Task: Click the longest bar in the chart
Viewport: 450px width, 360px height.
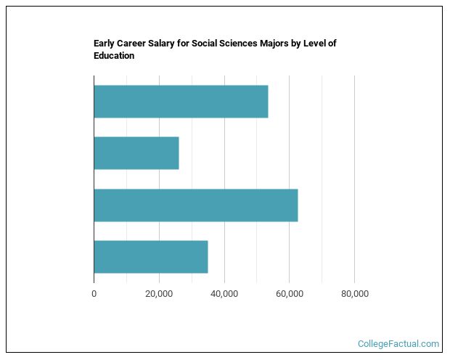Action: (x=195, y=205)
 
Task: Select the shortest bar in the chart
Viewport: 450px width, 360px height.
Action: (x=136, y=153)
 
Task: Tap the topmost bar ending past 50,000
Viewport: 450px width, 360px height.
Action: (x=181, y=102)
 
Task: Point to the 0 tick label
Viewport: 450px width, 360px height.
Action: (x=94, y=293)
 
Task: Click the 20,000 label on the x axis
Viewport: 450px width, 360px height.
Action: (x=159, y=293)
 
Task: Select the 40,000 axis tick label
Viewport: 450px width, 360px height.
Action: (x=224, y=293)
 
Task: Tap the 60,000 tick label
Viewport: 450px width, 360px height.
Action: (x=289, y=293)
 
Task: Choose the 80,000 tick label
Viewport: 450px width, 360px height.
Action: (x=354, y=293)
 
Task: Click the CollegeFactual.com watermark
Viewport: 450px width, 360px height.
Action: (x=398, y=344)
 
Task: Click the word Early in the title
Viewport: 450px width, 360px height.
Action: (x=105, y=44)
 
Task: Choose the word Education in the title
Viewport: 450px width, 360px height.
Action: (x=114, y=56)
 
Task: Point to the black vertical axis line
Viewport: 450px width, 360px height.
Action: (x=94, y=181)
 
